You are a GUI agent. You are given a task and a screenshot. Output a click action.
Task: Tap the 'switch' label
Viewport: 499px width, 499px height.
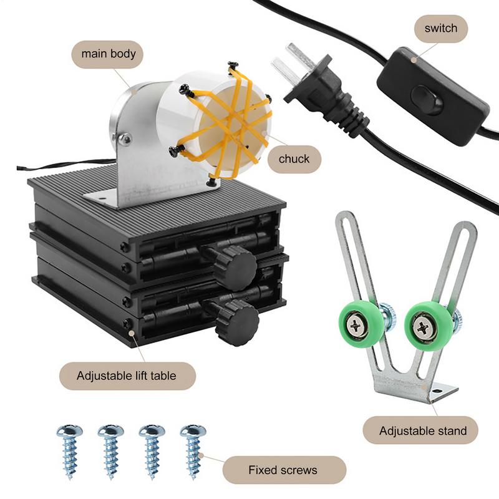pos(440,29)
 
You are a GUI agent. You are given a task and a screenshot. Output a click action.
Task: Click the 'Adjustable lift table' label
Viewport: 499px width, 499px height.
pos(127,376)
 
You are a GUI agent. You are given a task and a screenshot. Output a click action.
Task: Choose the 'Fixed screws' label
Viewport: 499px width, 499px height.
pos(283,470)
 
